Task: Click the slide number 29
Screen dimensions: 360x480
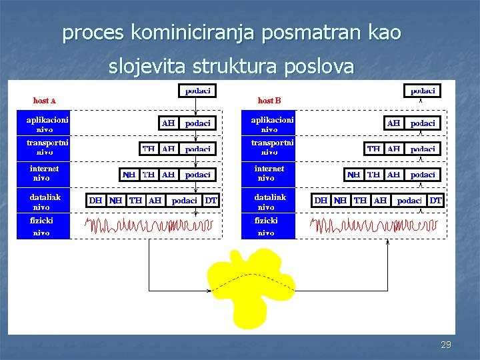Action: click(446, 345)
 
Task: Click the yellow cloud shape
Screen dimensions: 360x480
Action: click(251, 288)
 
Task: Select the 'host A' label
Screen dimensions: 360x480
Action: click(45, 101)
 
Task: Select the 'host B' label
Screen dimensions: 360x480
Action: click(269, 101)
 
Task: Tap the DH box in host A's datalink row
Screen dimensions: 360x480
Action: click(96, 200)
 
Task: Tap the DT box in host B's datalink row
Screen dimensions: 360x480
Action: click(435, 200)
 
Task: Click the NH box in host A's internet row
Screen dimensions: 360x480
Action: click(129, 175)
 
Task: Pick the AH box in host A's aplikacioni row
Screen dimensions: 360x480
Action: click(169, 123)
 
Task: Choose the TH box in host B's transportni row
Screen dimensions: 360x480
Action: click(374, 149)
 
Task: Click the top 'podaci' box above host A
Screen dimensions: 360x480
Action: click(197, 90)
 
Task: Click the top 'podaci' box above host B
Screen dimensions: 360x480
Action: click(423, 90)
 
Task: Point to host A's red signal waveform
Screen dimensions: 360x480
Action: click(153, 227)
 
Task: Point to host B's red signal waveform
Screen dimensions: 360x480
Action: click(378, 227)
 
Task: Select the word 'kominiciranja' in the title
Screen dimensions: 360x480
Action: click(193, 32)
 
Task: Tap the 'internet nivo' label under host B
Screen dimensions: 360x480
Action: click(269, 173)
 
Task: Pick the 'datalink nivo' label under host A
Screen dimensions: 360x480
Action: click(45, 201)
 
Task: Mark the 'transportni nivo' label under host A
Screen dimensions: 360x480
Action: click(47, 147)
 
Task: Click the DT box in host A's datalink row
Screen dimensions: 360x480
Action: click(211, 200)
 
